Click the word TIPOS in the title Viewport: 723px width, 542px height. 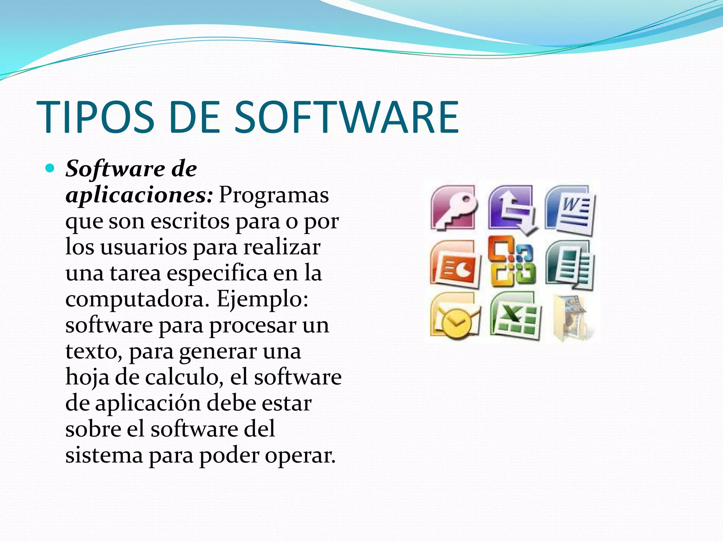pos(95,118)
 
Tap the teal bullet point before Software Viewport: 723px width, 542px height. pos(50,168)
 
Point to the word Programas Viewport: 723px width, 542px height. pos(274,195)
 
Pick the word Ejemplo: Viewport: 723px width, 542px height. pos(262,299)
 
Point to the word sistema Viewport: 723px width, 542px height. pos(104,455)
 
